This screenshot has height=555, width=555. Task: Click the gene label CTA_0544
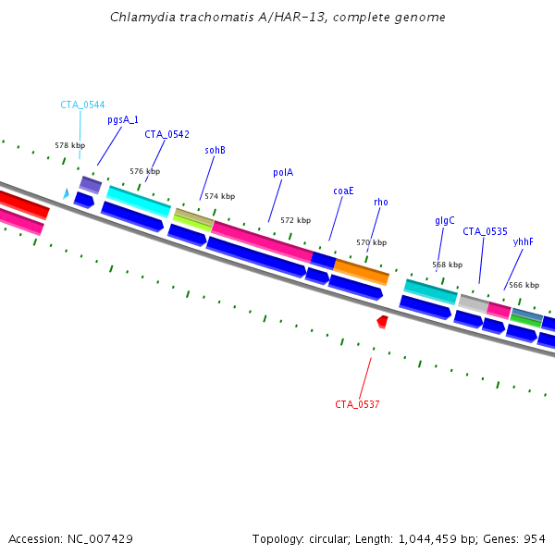[x=82, y=105]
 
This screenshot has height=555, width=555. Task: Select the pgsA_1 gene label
[x=123, y=119]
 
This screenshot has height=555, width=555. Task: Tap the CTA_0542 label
[x=166, y=134]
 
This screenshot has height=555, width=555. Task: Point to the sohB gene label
[x=215, y=150]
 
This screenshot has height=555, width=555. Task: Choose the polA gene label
[x=283, y=172]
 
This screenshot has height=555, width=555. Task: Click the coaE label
[x=343, y=191]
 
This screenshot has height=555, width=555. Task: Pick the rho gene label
[x=381, y=202]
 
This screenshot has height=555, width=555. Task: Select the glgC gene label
[x=445, y=221]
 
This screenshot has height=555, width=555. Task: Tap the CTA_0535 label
[x=485, y=231]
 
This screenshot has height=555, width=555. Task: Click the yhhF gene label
[x=524, y=241]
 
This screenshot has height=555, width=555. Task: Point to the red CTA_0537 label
[x=357, y=404]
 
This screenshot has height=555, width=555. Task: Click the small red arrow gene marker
[x=382, y=321]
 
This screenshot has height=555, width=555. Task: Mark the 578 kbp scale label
[x=69, y=145]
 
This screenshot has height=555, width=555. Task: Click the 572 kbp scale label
[x=295, y=220]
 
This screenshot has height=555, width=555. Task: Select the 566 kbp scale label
[x=524, y=285]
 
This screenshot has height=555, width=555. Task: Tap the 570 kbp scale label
[x=371, y=242]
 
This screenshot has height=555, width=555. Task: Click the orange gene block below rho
[x=362, y=271]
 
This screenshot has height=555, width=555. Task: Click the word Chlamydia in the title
[x=136, y=18]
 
